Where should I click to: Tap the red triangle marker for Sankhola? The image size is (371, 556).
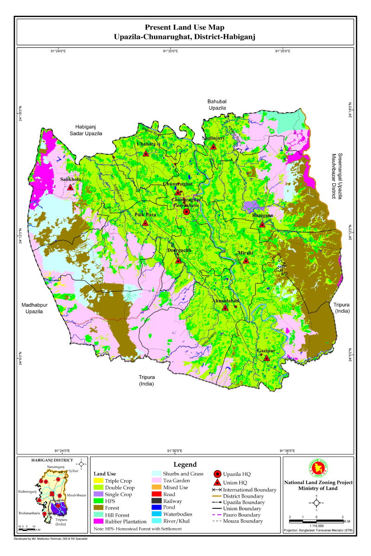tap(70, 188)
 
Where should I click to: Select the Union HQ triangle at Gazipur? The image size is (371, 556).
tap(266, 358)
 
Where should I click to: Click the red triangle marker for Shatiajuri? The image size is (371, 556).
tap(213, 146)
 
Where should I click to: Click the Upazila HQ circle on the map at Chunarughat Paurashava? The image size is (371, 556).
tap(186, 212)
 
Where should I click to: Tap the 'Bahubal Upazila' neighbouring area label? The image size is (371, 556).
tap(217, 104)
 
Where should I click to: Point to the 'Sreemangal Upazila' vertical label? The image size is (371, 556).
tap(340, 177)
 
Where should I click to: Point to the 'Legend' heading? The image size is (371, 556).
tap(185, 464)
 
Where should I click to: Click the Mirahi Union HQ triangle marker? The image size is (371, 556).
tap(246, 260)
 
